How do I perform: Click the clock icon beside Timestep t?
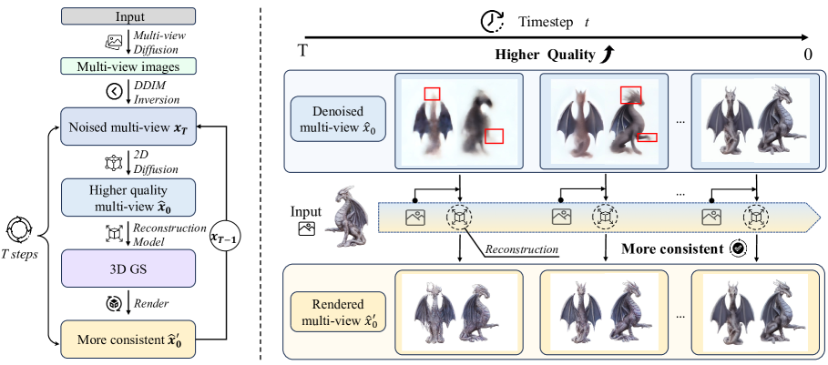pos(494,19)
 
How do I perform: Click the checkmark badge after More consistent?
pos(737,247)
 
